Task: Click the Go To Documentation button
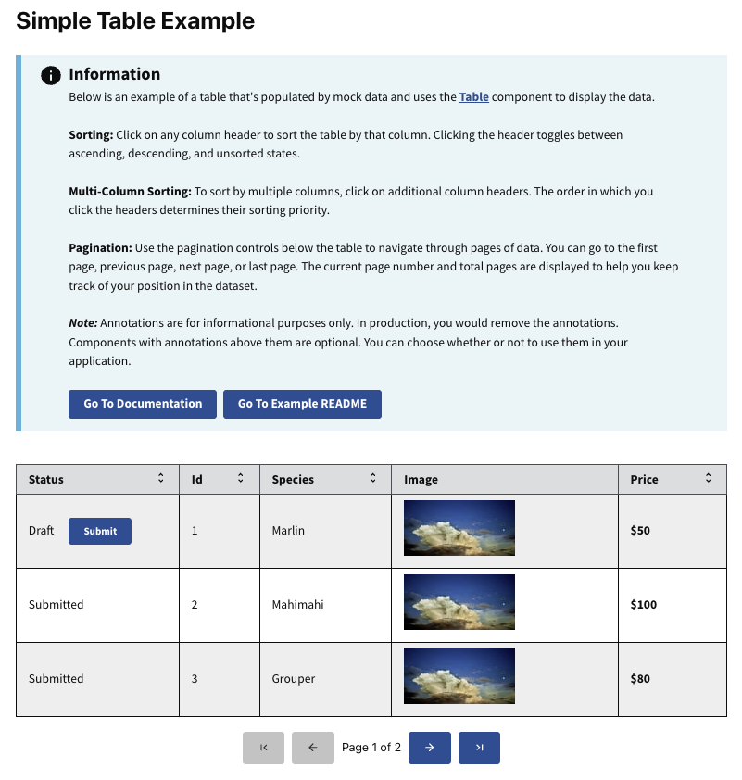point(143,404)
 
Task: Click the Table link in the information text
point(474,97)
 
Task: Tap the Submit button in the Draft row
point(100,531)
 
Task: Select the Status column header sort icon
point(160,479)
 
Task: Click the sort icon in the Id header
point(241,479)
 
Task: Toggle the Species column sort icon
point(373,479)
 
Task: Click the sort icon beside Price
point(709,479)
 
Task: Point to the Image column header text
point(421,480)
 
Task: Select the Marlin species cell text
point(288,531)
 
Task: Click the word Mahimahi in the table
point(297,605)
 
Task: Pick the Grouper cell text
point(294,679)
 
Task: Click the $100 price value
point(643,605)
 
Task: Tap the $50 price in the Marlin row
point(640,531)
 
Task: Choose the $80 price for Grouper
point(640,679)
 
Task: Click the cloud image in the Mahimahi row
point(459,602)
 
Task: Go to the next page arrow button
point(430,748)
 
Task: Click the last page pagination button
point(479,748)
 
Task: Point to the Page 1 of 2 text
point(371,748)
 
